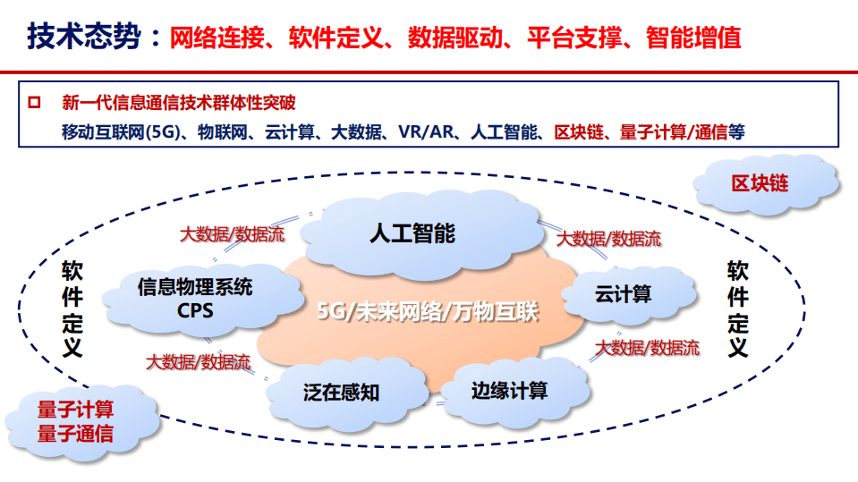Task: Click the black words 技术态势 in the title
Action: click(x=84, y=38)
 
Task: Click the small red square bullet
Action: click(x=34, y=102)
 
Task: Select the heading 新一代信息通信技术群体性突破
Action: click(x=178, y=102)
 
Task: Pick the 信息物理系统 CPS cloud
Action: click(x=195, y=299)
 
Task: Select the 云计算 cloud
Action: click(x=624, y=293)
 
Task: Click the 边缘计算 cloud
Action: click(x=509, y=390)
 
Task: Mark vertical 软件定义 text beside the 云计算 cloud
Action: click(x=738, y=309)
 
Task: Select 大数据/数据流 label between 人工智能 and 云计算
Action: click(x=608, y=239)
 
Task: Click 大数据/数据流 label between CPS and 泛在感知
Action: click(x=199, y=362)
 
